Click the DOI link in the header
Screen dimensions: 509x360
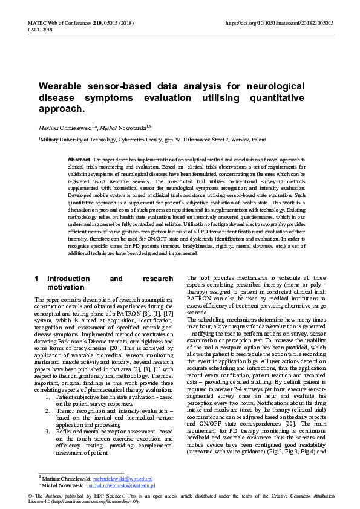(x=279, y=23)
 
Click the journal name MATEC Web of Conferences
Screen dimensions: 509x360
(x=58, y=23)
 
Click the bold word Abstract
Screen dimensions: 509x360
(x=80, y=158)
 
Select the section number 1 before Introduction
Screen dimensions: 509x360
(x=37, y=279)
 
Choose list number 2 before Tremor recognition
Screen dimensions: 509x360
(x=48, y=393)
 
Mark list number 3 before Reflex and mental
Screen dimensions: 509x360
(x=48, y=414)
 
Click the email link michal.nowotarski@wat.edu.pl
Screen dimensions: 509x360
(x=121, y=485)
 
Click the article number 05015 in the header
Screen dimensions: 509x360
(x=112, y=23)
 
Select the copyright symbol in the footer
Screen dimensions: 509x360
(x=30, y=495)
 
